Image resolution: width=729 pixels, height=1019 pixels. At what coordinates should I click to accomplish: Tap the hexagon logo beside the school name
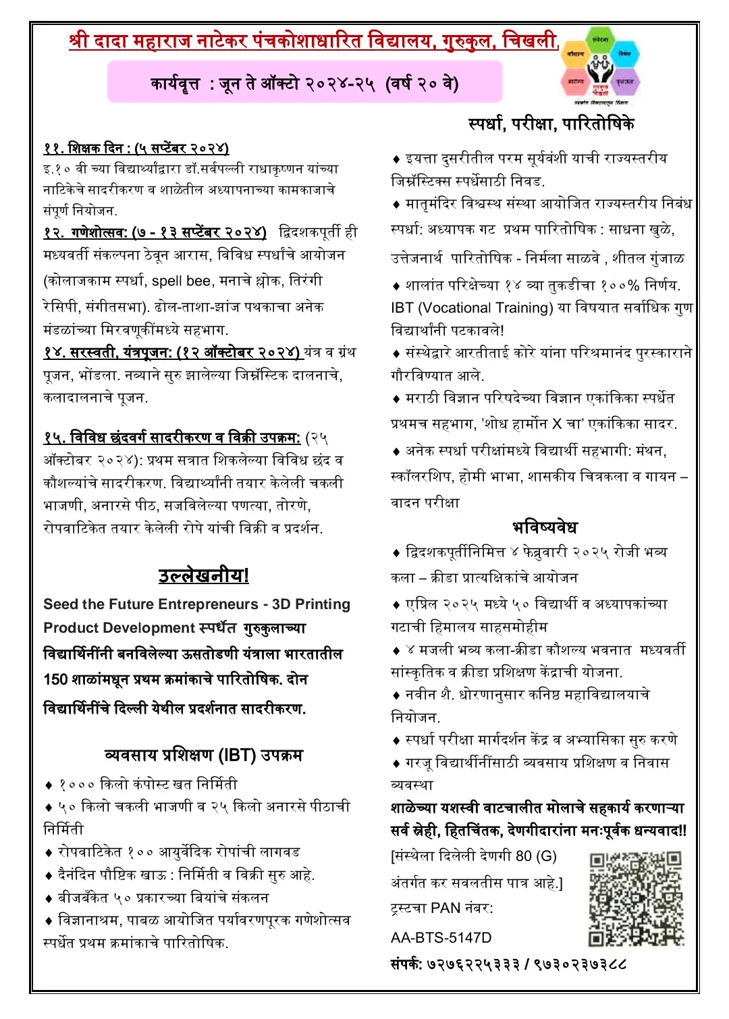(x=600, y=66)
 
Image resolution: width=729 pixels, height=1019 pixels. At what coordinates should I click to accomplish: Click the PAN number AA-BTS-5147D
(x=441, y=937)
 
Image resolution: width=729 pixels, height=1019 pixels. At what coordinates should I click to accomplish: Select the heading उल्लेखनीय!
(x=203, y=575)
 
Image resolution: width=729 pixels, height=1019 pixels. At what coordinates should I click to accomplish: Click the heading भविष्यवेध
(x=544, y=527)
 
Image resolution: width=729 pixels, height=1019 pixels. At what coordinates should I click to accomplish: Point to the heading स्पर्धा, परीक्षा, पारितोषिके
(x=551, y=124)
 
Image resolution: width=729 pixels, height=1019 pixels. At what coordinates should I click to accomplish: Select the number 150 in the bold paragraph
(x=55, y=679)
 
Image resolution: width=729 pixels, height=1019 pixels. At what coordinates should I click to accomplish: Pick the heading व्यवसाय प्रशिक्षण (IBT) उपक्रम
(x=203, y=754)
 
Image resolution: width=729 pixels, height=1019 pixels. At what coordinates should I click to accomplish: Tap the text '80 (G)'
(x=536, y=856)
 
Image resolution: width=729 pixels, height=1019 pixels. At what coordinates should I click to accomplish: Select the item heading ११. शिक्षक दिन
(x=136, y=149)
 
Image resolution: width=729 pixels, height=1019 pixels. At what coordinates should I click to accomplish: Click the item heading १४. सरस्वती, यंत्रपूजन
(x=171, y=352)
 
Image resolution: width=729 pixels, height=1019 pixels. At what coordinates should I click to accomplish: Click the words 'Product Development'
(x=118, y=628)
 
